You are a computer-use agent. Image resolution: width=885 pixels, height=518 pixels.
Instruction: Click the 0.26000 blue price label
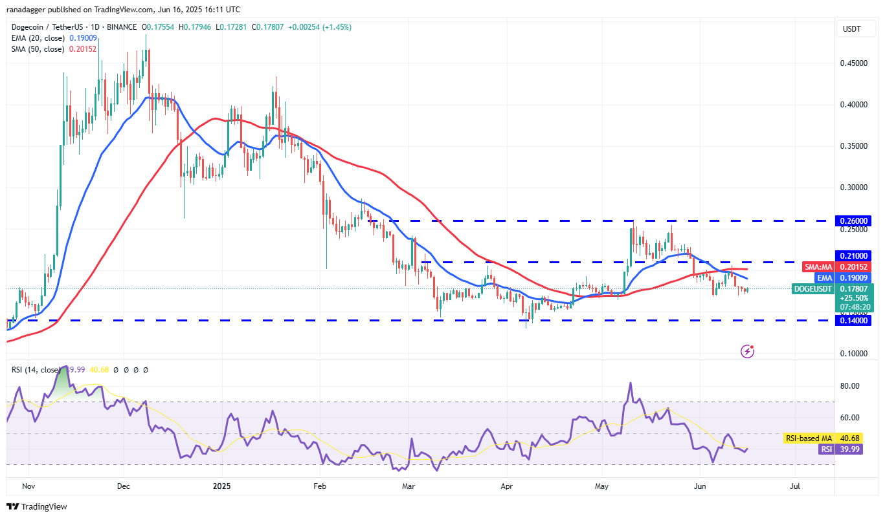pyautogui.click(x=855, y=221)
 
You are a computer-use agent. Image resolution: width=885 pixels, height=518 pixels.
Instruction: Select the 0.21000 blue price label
pyautogui.click(x=855, y=255)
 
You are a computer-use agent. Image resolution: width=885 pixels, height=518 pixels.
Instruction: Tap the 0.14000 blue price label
pyautogui.click(x=855, y=320)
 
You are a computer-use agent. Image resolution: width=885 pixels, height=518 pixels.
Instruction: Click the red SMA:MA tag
pyautogui.click(x=818, y=266)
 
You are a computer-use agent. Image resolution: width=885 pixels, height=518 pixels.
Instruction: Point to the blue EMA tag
pyautogui.click(x=823, y=277)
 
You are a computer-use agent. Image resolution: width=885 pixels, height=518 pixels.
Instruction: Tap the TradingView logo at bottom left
pyautogui.click(x=37, y=506)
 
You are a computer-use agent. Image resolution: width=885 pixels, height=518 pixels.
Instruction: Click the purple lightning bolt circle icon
pyautogui.click(x=748, y=351)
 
